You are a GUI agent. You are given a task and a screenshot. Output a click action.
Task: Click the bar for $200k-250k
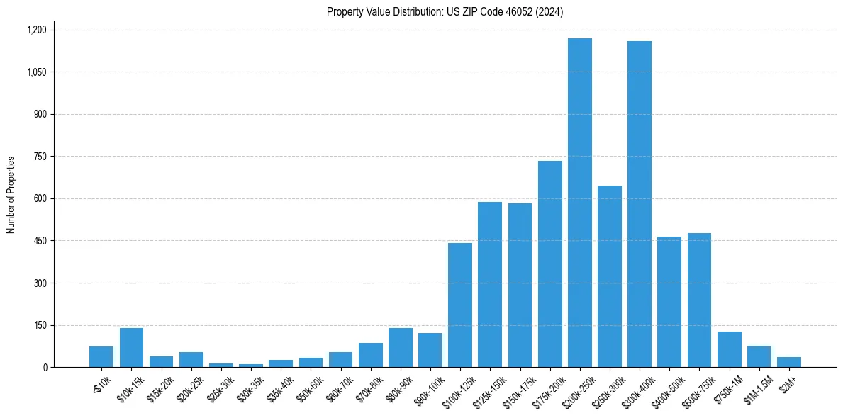tap(579, 203)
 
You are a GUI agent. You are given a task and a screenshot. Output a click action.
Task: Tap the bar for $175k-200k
tap(549, 264)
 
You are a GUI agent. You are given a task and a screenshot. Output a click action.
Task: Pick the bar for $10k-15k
tap(131, 348)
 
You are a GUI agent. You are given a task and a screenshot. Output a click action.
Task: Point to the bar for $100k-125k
tap(460, 305)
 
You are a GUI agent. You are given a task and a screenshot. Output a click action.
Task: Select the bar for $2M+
tap(788, 362)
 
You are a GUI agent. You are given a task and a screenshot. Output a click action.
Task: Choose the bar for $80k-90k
tap(400, 348)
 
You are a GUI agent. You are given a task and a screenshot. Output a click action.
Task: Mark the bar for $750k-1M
tap(729, 349)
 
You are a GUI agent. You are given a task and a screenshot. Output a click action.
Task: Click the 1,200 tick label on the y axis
tap(36, 30)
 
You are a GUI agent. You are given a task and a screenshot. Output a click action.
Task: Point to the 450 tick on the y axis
tap(40, 241)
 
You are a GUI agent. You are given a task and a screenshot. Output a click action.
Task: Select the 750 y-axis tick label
tap(40, 157)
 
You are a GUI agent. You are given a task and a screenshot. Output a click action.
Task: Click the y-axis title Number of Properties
tap(11, 195)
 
